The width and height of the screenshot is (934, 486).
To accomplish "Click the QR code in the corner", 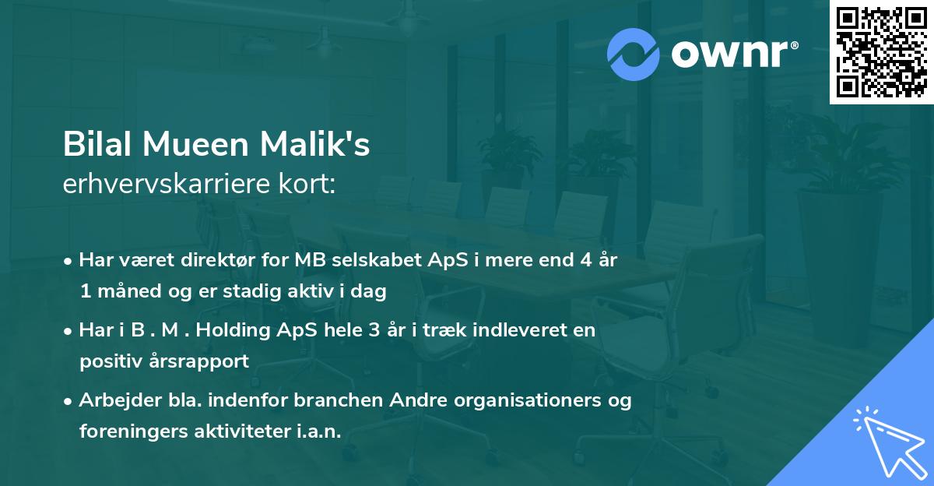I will tap(881, 52).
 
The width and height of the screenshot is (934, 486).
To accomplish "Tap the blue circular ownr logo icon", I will tap(634, 53).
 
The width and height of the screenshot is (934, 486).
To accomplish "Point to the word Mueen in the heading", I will tap(189, 145).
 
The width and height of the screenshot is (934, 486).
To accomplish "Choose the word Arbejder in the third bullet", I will tap(113, 400).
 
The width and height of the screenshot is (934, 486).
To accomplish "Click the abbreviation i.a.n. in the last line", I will tap(320, 431).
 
